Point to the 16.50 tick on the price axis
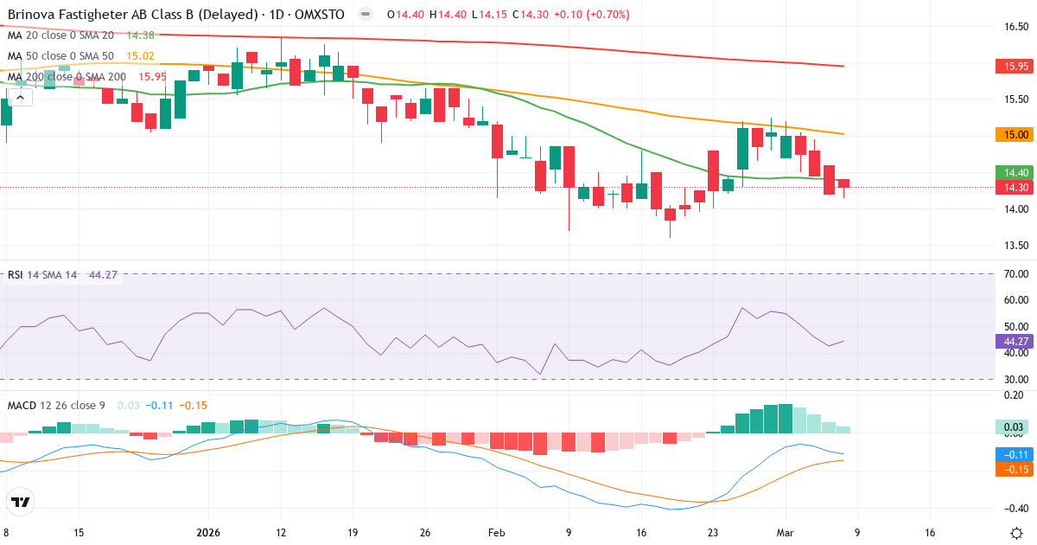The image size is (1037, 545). click(1015, 27)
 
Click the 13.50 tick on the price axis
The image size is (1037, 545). click(1015, 246)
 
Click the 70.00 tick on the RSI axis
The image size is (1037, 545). click(1015, 274)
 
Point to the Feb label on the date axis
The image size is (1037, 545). click(496, 532)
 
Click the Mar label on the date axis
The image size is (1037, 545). click(785, 532)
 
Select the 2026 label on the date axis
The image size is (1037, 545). click(209, 532)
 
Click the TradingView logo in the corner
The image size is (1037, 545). click(21, 501)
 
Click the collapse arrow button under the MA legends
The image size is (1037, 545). click(21, 97)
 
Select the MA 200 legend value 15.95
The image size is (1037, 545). click(152, 77)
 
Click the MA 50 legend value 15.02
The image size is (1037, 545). click(140, 56)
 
